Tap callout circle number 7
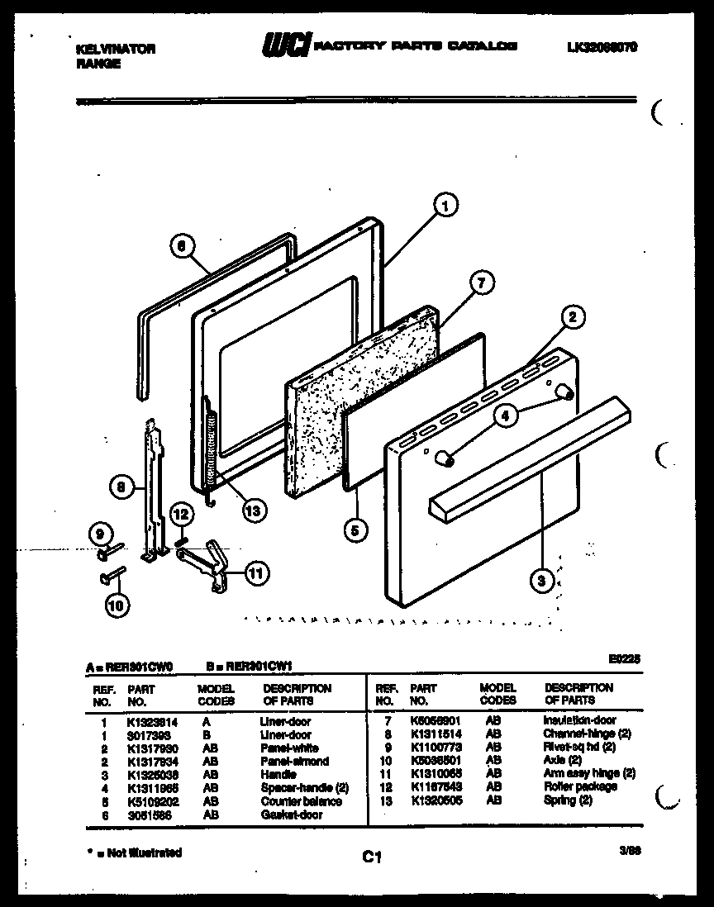point(480,283)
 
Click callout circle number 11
point(257,572)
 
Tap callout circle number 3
point(541,582)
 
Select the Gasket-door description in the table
point(291,814)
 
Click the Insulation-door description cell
point(578,720)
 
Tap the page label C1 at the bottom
point(371,858)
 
